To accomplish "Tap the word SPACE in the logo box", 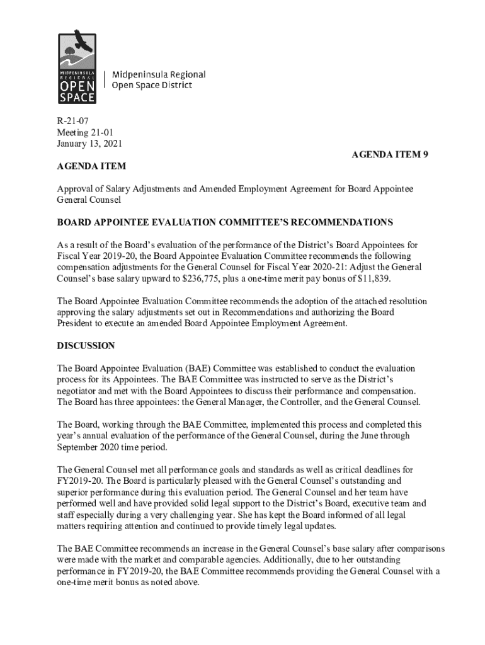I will pyautogui.click(x=77, y=97).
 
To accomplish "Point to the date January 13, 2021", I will pyautogui.click(x=89, y=143).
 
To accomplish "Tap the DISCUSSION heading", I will pyautogui.click(x=86, y=346).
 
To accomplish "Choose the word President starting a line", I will pyautogui.click(x=76, y=324).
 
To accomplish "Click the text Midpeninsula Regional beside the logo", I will pyautogui.click(x=159, y=75).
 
